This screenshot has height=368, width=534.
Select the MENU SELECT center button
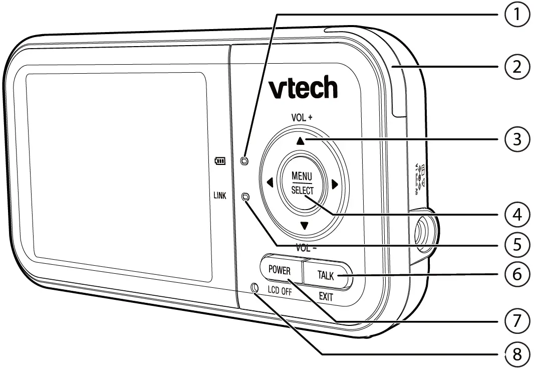point(302,183)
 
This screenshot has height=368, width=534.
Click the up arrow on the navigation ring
point(300,142)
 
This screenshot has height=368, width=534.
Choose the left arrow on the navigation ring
point(270,183)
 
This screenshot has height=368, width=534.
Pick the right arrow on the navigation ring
point(335,184)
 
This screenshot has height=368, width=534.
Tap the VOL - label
point(304,248)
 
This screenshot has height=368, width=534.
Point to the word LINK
point(219,197)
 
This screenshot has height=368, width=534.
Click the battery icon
point(220,161)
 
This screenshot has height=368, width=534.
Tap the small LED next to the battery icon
point(244,161)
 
